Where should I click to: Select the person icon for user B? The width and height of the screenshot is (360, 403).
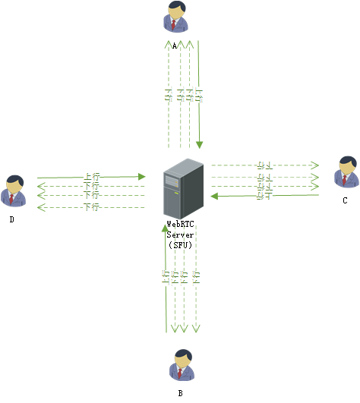tap(180, 365)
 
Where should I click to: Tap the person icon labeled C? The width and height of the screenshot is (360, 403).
tap(346, 172)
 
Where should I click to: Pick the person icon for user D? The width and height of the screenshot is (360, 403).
tap(13, 190)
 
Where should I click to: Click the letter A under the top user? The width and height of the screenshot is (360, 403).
tap(175, 46)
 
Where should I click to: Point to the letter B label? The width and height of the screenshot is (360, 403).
tap(180, 394)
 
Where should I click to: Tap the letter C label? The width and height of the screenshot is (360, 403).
tap(345, 201)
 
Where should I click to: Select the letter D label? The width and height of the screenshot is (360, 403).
tap(12, 220)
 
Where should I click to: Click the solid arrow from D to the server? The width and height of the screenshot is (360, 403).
tap(90, 177)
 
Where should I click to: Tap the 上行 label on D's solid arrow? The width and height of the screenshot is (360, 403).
tap(90, 177)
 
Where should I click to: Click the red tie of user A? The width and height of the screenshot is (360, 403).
tap(175, 25)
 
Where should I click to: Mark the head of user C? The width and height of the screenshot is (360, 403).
tap(346, 163)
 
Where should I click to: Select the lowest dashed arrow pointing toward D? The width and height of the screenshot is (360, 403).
tap(90, 207)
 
